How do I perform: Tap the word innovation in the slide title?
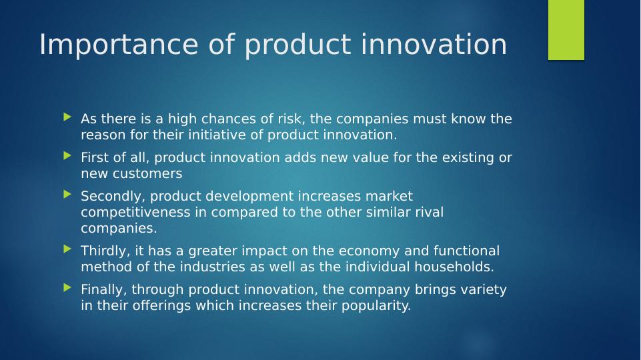434,44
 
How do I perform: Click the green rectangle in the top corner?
566,30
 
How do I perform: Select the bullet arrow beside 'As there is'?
68,117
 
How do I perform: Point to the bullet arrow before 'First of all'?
68,156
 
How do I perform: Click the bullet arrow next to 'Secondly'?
68,195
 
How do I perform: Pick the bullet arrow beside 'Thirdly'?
68,249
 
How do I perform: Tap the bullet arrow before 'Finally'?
68,288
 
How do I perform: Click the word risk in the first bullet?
291,119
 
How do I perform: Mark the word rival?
430,212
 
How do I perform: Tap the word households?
454,267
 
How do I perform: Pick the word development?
249,197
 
